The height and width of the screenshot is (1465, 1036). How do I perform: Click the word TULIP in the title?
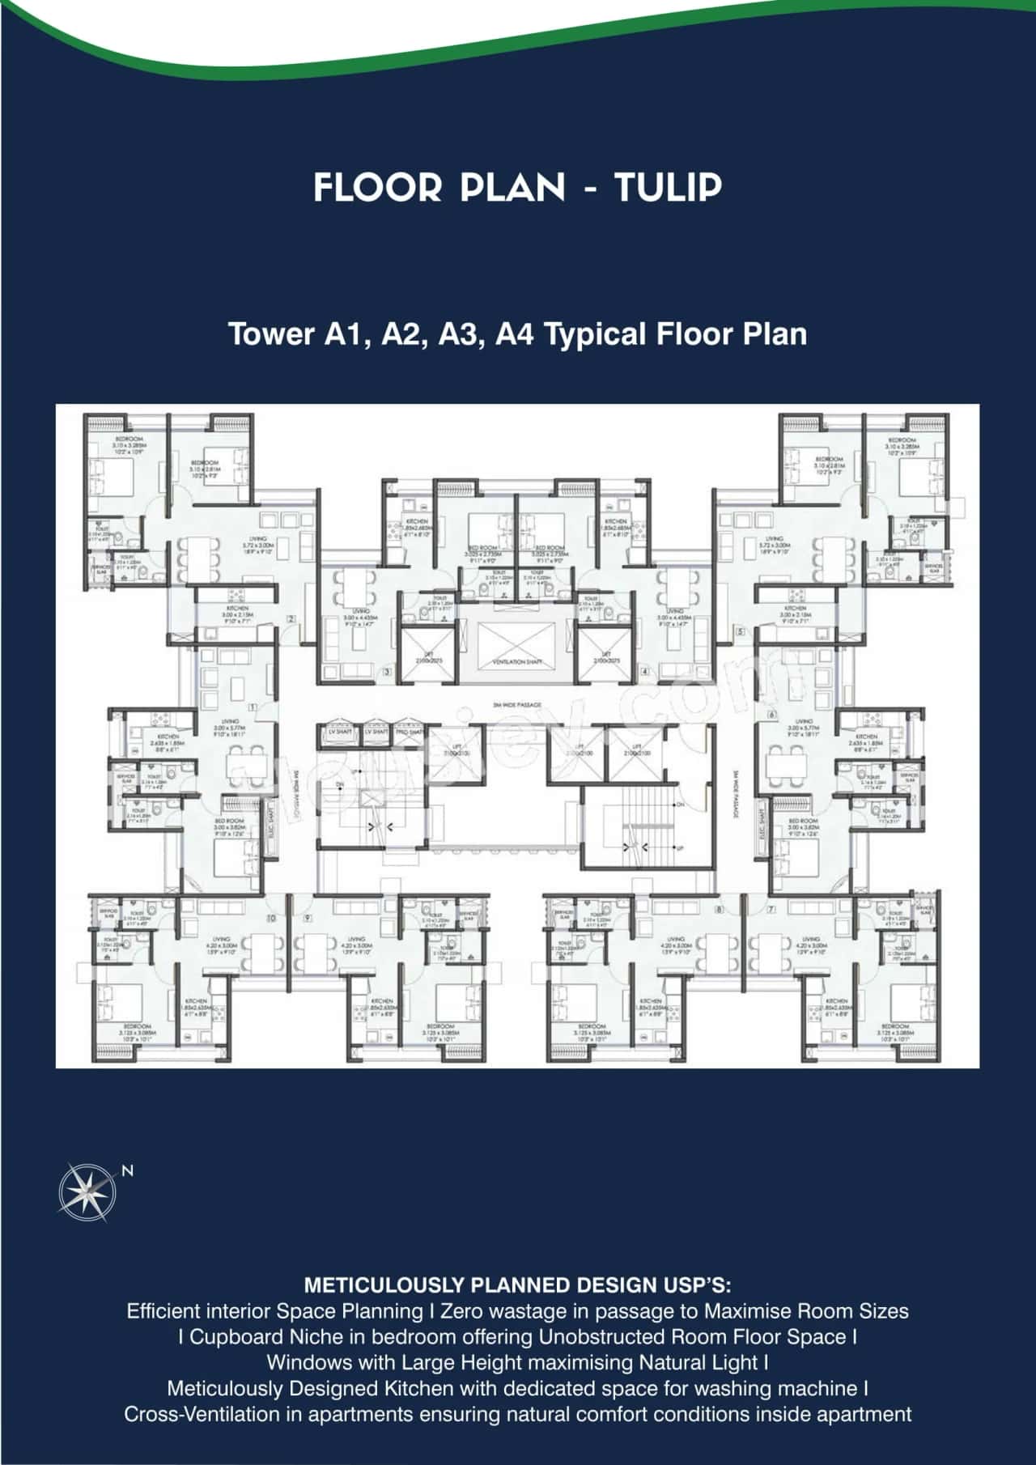click(x=667, y=188)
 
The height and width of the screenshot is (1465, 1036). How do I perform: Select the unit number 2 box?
click(x=291, y=619)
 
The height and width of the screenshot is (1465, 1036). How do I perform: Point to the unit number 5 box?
click(x=741, y=631)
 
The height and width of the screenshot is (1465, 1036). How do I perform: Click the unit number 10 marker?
click(x=270, y=918)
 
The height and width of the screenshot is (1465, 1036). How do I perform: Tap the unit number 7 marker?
click(x=771, y=910)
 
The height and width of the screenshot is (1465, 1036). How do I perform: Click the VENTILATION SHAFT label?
click(x=517, y=662)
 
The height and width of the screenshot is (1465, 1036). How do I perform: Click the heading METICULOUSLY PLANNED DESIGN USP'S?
click(x=517, y=1285)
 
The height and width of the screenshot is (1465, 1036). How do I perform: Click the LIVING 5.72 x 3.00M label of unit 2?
click(x=257, y=541)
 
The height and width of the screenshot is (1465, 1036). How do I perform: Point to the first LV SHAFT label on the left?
click(x=337, y=732)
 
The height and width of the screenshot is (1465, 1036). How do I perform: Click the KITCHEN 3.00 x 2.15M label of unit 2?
click(x=237, y=611)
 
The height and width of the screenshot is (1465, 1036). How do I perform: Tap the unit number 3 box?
click(x=387, y=672)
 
